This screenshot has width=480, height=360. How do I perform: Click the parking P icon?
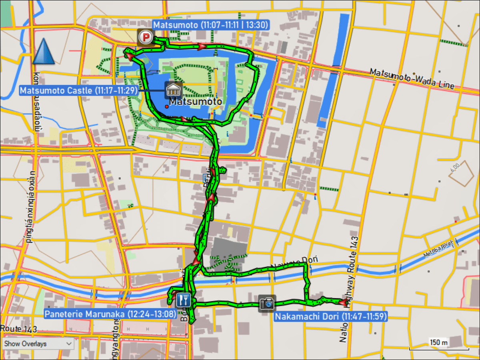pyautogui.click(x=146, y=38)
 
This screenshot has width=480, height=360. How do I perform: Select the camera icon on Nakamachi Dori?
pyautogui.click(x=267, y=303)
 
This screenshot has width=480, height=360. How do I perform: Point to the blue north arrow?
pyautogui.click(x=43, y=52)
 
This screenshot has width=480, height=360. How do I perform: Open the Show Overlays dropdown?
pyautogui.click(x=38, y=344)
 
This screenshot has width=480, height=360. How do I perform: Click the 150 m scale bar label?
pyautogui.click(x=439, y=342)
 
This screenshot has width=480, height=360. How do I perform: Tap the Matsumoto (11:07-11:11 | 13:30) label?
pyautogui.click(x=210, y=25)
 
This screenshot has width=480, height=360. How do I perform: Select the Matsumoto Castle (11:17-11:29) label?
pyautogui.click(x=78, y=90)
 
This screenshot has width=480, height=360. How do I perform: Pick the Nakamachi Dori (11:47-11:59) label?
pyautogui.click(x=331, y=317)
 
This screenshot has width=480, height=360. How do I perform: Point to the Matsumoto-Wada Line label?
pyautogui.click(x=412, y=79)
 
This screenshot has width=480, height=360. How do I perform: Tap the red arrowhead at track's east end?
pyautogui.click(x=343, y=302)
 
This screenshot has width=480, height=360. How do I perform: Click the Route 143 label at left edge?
pyautogui.click(x=19, y=329)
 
